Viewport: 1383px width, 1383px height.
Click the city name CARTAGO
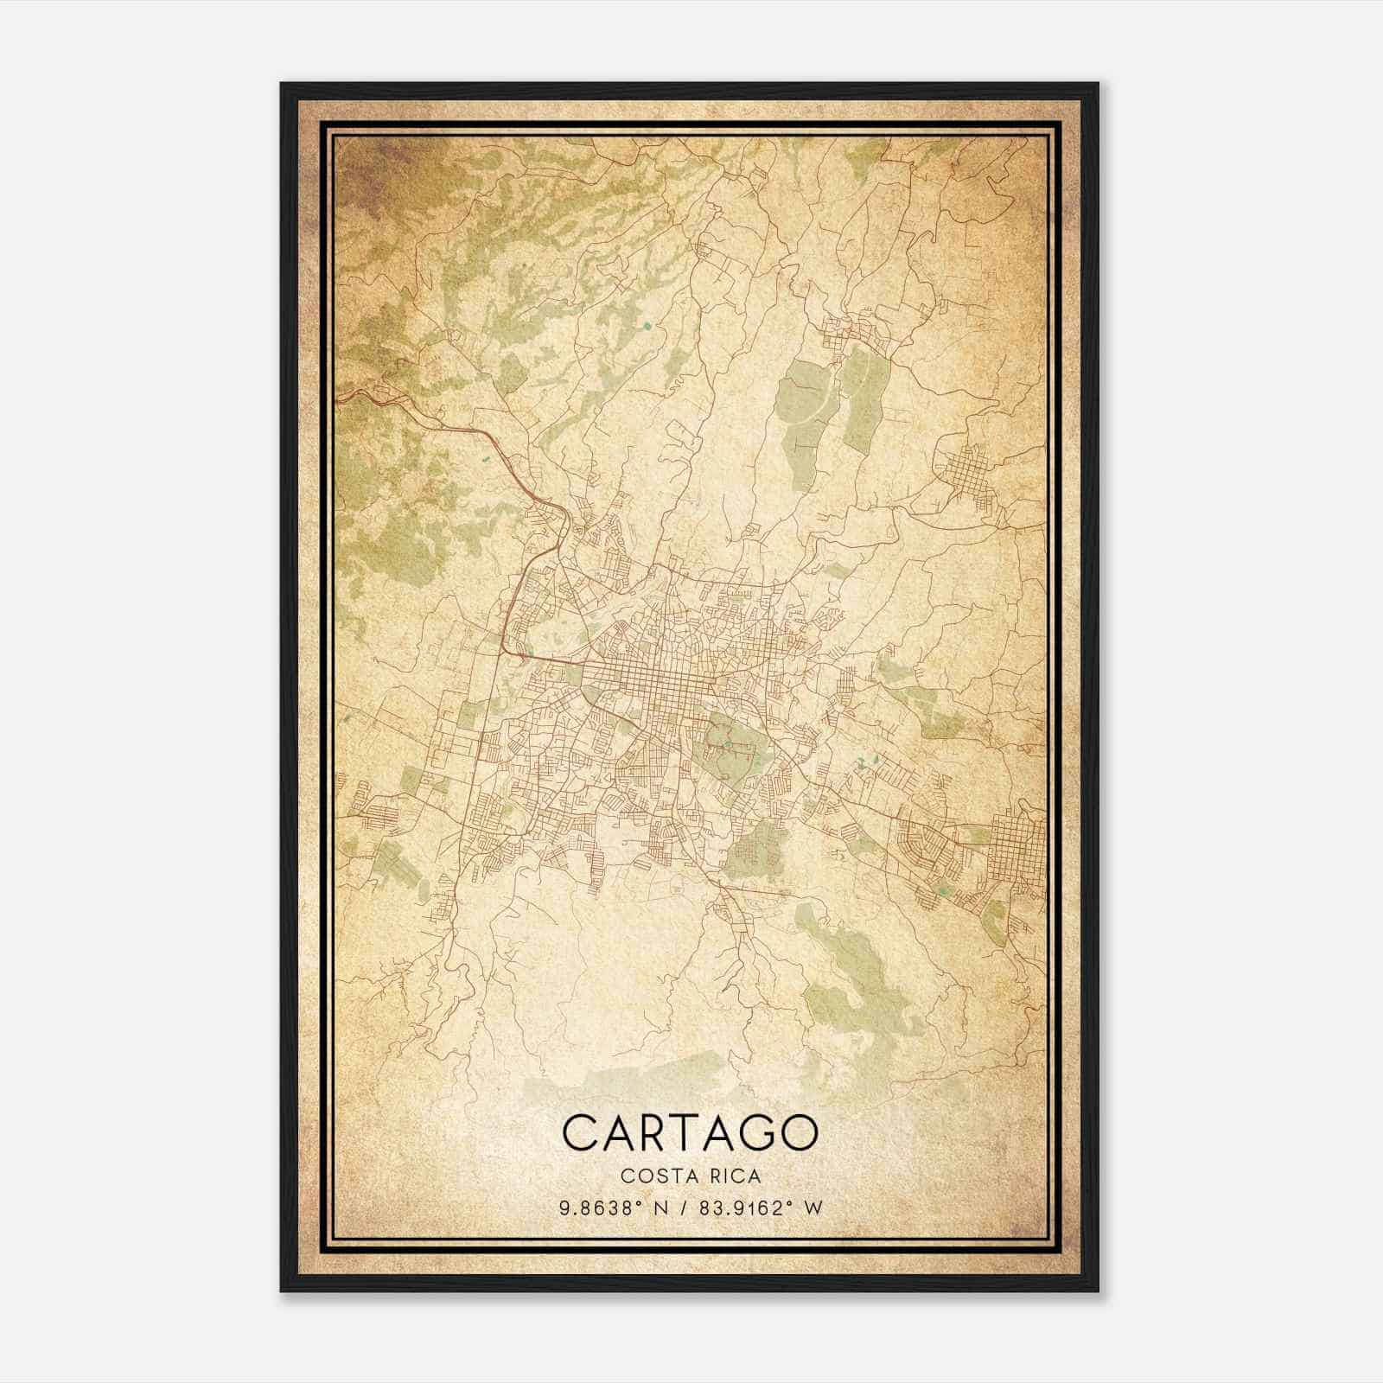pos(690,1131)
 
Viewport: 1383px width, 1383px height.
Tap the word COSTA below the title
pos(655,1176)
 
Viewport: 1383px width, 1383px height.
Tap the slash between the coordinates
pos(688,1208)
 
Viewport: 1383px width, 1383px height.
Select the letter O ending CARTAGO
pos(797,1131)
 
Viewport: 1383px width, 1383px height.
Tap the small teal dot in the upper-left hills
pos(646,326)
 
